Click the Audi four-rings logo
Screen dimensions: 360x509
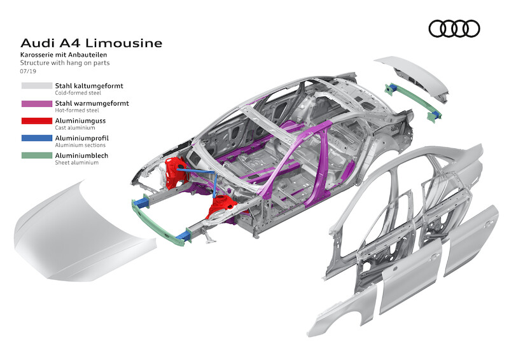(x=454, y=29)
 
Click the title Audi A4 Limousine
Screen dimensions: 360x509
(x=92, y=43)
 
